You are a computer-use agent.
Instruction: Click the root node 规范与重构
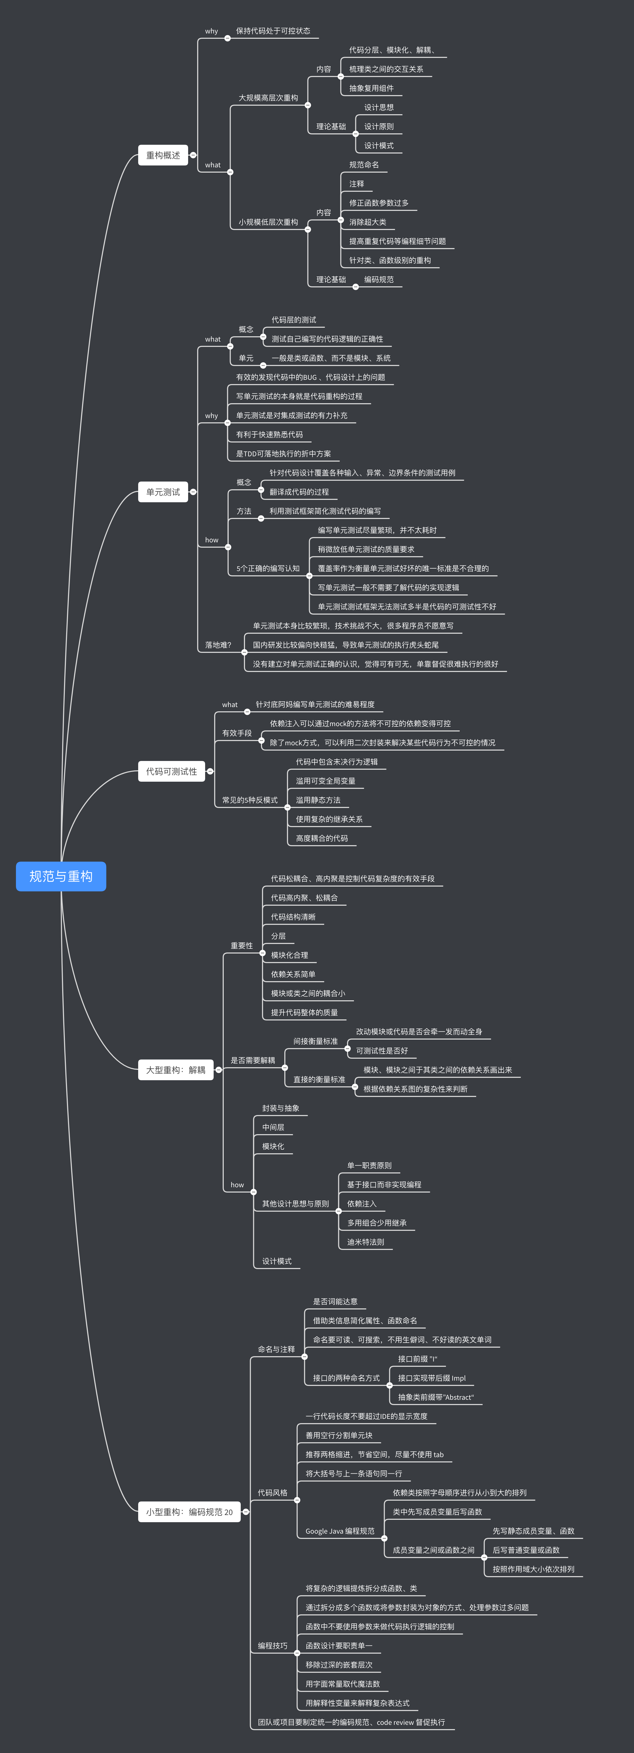tap(61, 876)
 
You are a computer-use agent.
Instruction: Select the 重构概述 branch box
tap(163, 155)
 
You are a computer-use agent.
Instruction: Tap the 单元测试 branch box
tap(163, 492)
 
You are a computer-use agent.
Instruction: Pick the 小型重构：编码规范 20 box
tap(189, 1512)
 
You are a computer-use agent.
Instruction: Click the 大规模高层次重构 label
tap(268, 98)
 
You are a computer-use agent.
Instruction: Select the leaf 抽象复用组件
tap(371, 88)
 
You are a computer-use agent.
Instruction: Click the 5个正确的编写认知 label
tap(268, 568)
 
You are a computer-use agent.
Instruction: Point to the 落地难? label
tap(218, 645)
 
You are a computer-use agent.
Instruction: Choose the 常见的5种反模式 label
tap(249, 800)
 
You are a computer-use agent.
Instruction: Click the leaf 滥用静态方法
tap(318, 800)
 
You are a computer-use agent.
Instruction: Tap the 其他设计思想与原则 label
tap(295, 1204)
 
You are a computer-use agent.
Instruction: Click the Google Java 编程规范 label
tap(339, 1531)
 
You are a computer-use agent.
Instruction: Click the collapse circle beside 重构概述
tap(193, 155)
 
